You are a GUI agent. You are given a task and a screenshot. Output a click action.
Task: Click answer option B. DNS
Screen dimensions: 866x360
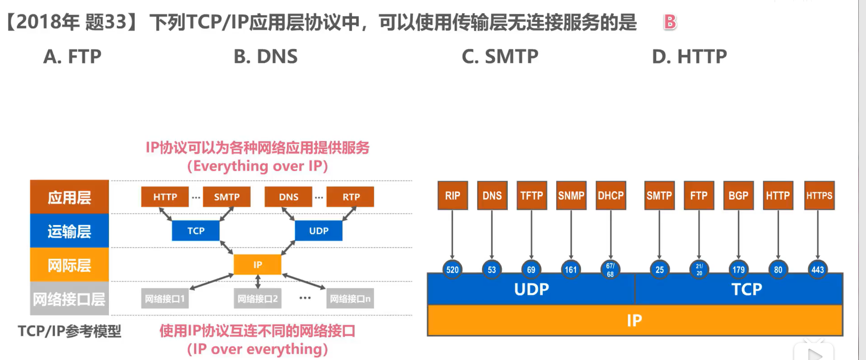[x=266, y=57]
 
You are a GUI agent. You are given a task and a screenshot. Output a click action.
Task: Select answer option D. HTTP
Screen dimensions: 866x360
[x=689, y=57]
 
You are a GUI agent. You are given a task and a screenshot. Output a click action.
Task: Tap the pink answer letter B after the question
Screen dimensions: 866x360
[x=670, y=22]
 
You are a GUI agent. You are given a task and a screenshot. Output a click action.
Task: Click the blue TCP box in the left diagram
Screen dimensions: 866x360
[x=196, y=231]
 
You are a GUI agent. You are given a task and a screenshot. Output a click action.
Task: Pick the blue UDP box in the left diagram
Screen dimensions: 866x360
[x=319, y=231]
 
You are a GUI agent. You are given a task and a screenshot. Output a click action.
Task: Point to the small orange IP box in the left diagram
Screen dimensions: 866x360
[x=257, y=265]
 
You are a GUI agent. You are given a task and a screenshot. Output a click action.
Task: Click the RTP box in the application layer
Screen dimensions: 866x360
[x=351, y=197]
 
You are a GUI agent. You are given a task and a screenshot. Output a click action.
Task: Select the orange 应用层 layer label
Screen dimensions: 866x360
[x=69, y=197]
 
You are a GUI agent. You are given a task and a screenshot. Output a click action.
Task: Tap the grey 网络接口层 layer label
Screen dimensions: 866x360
[x=69, y=298]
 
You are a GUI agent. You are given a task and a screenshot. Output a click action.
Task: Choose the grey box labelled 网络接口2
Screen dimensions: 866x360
[x=257, y=298]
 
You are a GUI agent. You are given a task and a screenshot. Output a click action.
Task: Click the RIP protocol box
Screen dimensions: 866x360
[x=453, y=195]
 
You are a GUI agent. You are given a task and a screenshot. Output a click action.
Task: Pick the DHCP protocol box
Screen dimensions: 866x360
[x=611, y=195]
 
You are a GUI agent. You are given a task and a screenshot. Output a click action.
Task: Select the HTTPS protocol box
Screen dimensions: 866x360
[x=819, y=195]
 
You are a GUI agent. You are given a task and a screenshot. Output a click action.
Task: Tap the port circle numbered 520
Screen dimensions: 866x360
[x=452, y=270]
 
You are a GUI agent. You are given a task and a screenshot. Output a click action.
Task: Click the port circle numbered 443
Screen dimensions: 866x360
[x=818, y=270]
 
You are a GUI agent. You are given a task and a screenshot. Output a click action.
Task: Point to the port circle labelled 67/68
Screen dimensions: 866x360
[x=610, y=270]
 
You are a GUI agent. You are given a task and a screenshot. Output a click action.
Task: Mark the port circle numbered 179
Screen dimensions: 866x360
[x=739, y=270]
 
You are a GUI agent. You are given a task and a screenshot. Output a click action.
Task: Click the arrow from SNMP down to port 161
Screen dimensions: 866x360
[x=571, y=234]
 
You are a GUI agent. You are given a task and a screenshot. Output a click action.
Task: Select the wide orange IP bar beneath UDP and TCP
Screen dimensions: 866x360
[x=635, y=320]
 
